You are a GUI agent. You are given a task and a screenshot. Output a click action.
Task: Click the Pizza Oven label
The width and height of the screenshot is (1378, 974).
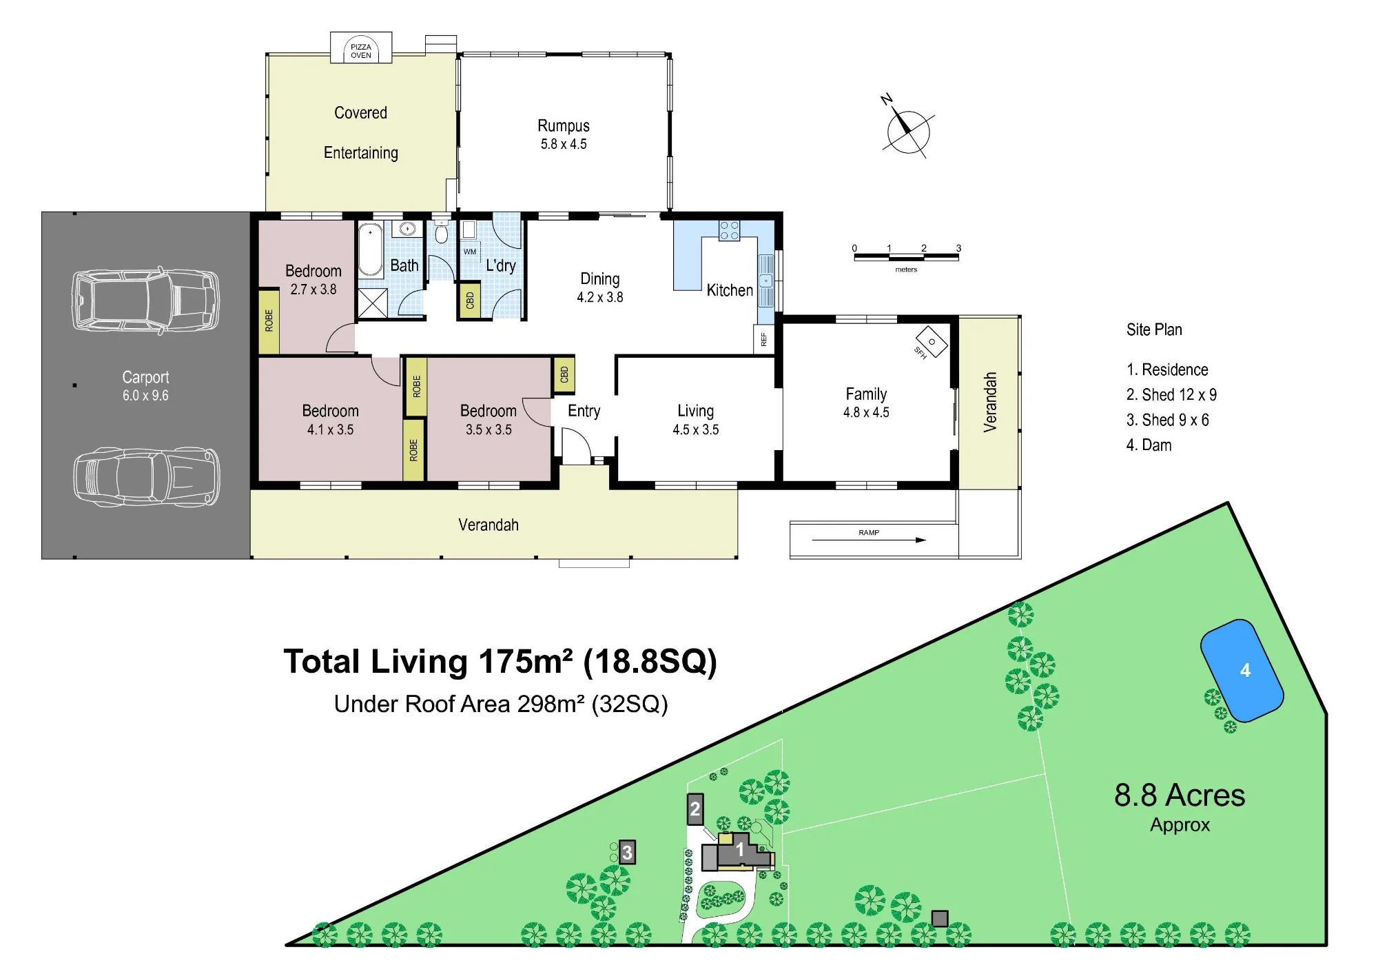pos(360,51)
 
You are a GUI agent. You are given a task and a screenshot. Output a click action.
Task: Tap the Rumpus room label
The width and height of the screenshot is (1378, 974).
pos(564,126)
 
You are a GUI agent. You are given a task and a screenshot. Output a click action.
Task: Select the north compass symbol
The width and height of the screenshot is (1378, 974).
pos(906,129)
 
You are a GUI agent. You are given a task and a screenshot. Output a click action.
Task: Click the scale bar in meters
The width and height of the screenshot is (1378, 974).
pos(906,257)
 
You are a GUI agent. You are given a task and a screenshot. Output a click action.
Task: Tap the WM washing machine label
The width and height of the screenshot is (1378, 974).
pos(469,252)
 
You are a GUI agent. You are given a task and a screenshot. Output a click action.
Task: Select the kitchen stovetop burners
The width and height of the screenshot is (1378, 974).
pos(729,230)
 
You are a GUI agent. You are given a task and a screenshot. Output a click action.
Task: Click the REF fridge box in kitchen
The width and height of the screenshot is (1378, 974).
pos(763,339)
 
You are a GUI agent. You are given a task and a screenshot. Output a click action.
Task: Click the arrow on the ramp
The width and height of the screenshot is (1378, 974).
pos(869,540)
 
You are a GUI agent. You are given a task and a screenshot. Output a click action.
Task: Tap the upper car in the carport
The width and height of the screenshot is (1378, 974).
pos(146,301)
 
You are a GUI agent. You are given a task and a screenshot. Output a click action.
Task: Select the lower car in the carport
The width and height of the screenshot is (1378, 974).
pos(146,477)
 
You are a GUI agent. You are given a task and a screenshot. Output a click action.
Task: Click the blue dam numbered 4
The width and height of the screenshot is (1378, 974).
pos(1242,671)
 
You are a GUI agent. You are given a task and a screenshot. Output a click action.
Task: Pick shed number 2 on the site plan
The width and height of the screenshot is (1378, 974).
pos(695,809)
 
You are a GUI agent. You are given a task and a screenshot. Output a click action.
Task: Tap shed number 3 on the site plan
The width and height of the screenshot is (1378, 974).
pos(627,853)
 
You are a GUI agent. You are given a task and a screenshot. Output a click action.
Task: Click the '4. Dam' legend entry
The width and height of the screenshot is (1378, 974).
pos(1149,445)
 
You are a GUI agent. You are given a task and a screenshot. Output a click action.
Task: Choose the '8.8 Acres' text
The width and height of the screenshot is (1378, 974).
pos(1180,795)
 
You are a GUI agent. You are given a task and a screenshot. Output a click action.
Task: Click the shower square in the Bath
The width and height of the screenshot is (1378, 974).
pos(373,303)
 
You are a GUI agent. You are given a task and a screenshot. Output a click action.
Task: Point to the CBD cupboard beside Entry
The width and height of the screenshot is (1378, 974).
pos(564,374)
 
